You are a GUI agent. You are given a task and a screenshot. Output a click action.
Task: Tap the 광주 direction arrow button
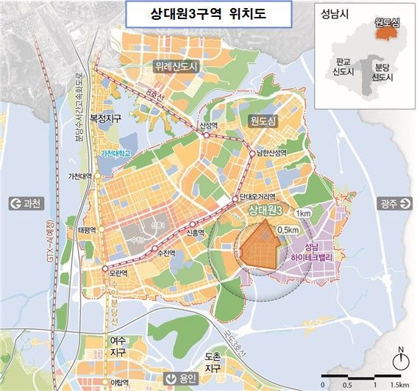[391, 204]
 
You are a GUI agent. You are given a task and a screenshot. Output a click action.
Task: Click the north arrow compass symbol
[400, 359]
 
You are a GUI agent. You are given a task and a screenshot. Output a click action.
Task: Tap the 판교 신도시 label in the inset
[343, 67]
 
